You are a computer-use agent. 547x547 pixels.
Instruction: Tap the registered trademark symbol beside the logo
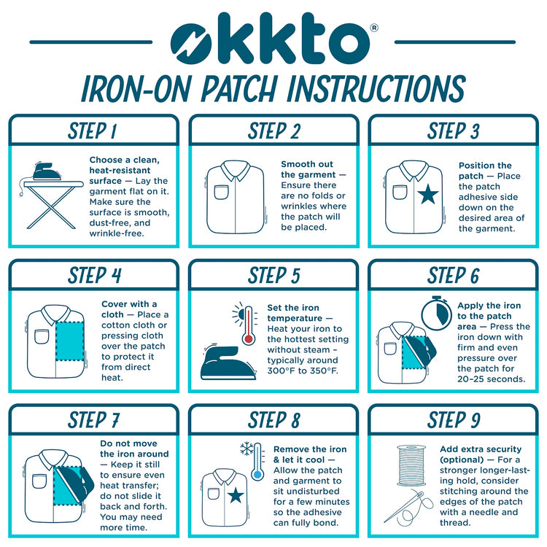coord(373,28)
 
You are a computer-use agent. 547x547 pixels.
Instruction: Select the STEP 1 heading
coord(93,131)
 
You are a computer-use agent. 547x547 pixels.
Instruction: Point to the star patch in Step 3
coord(427,194)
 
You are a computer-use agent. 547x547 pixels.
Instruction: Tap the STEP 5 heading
coord(273,276)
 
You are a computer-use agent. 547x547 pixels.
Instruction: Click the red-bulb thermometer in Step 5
coord(249,325)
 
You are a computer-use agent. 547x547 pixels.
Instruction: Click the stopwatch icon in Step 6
coord(436,313)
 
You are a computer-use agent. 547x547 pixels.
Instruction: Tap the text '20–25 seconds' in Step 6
coord(491,379)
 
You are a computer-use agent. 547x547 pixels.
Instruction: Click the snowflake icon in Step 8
coord(247,449)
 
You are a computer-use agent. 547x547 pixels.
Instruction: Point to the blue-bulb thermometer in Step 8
coord(257,462)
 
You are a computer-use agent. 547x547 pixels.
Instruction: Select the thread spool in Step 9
coord(411,465)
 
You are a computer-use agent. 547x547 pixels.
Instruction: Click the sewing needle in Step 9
coord(403,507)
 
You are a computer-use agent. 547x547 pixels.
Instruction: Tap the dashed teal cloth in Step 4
coord(70,341)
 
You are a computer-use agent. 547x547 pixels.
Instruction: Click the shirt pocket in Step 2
coord(221,193)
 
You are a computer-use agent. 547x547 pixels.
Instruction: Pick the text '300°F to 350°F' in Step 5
coord(303,371)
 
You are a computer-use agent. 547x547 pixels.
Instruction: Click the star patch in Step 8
coord(236,495)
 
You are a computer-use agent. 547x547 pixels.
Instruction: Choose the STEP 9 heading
coord(454,419)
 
